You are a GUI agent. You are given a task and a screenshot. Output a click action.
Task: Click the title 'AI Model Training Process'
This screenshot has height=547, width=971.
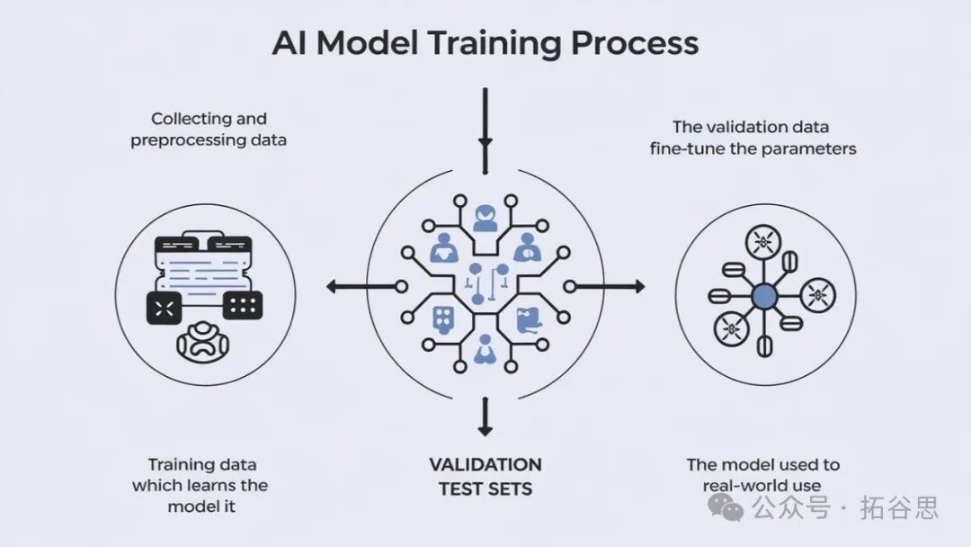(485, 43)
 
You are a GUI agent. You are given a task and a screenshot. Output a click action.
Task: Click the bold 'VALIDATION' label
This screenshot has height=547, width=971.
(485, 464)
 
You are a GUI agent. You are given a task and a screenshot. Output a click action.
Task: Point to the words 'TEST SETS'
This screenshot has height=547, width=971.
(485, 489)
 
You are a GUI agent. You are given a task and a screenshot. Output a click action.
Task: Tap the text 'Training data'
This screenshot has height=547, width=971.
(202, 465)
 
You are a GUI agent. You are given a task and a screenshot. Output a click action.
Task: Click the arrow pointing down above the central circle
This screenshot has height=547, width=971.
(485, 130)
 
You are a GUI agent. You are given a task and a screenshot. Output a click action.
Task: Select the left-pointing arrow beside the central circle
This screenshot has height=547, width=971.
(367, 286)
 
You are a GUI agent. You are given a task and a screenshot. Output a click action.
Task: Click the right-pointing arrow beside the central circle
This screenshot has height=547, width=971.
(604, 286)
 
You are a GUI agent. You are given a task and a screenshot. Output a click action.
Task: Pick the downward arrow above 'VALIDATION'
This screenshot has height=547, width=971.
(485, 417)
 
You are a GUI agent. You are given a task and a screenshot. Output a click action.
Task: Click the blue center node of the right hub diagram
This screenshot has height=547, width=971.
(764, 297)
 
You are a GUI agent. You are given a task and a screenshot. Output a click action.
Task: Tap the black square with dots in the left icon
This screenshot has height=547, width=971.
(243, 305)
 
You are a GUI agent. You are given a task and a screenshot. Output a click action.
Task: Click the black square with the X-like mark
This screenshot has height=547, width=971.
(165, 308)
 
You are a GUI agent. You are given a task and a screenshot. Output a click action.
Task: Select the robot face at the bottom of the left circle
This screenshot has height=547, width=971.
(202, 342)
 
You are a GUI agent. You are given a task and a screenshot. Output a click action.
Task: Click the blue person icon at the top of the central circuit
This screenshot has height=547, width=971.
(485, 219)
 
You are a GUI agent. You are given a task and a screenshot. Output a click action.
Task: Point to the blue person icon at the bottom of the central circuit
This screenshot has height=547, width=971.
(485, 349)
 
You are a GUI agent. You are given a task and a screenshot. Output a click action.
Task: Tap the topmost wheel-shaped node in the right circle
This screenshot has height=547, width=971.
(763, 242)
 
